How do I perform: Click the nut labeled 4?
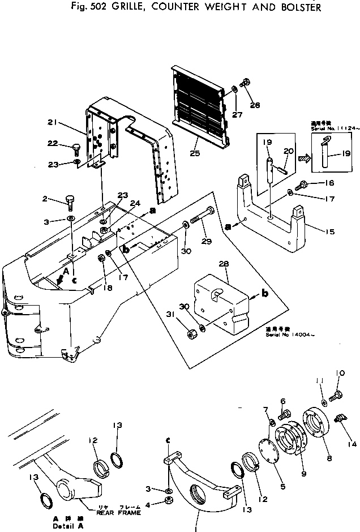(x=168, y=502)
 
